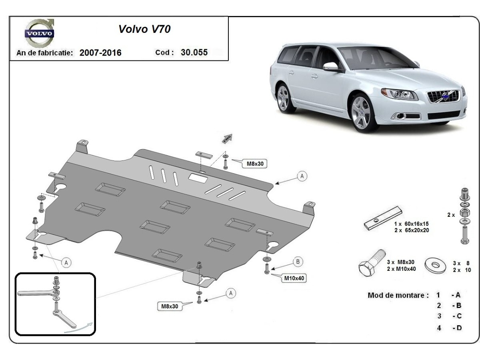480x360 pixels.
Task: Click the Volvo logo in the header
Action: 39,33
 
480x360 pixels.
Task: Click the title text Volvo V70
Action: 144,29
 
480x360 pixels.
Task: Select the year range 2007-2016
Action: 100,53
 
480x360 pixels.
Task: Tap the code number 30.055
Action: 194,52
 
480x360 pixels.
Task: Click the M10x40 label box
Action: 294,278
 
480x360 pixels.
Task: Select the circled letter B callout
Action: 298,262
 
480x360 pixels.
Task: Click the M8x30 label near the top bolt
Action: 253,163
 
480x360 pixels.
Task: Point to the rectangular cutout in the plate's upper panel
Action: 198,178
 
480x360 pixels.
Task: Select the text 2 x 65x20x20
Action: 412,230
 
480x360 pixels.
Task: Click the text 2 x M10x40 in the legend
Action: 401,269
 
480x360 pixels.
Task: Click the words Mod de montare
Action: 398,296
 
